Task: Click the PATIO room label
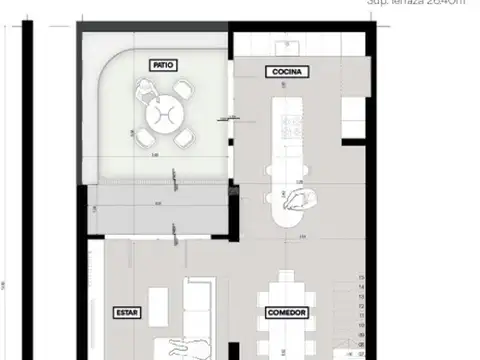point(164,64)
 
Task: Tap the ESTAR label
point(127,312)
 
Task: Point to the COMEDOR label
point(287,312)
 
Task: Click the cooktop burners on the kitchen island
point(293,124)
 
